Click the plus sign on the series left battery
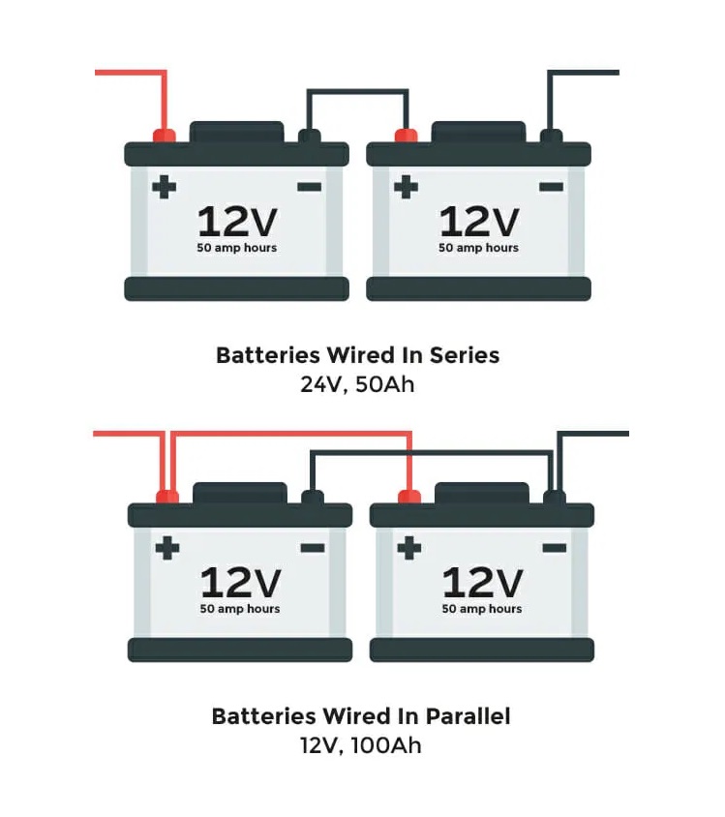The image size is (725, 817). click(165, 186)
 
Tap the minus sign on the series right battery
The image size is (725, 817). click(551, 186)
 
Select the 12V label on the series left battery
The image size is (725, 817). click(237, 222)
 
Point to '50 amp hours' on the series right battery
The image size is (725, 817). click(478, 248)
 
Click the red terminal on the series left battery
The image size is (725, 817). click(165, 135)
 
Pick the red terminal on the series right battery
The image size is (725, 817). click(406, 135)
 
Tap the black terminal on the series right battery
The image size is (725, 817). click(551, 135)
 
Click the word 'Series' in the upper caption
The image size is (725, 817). click(465, 355)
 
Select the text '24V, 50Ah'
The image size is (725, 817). click(357, 383)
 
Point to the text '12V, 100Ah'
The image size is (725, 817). click(360, 745)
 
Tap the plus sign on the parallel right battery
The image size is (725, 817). click(409, 548)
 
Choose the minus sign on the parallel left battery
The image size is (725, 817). click(312, 548)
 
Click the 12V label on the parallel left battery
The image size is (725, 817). click(240, 583)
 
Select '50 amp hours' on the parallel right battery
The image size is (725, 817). click(482, 609)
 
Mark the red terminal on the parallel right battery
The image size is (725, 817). click(409, 497)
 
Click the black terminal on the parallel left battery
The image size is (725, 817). click(312, 497)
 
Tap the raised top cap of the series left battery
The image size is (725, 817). click(237, 132)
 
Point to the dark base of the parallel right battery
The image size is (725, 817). click(482, 649)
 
